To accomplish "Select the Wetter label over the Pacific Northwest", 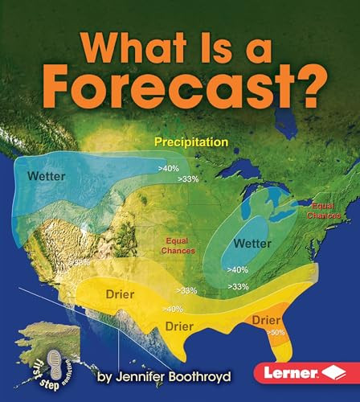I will [46, 176].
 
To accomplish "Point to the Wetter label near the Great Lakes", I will [252, 242].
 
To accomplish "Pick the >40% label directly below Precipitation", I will [170, 168].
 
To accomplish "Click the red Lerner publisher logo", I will [298, 372].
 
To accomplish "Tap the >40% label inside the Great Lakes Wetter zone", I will [237, 269].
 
